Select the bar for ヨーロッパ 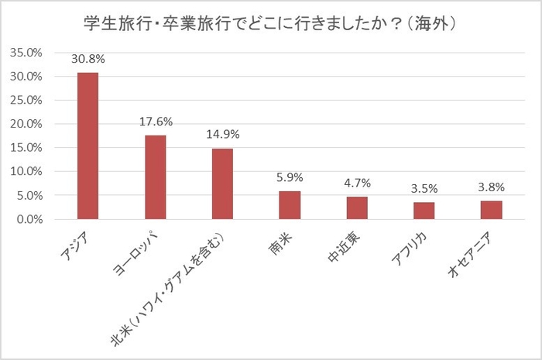coord(156,177)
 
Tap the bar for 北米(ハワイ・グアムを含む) coord(223,184)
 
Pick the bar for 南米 coord(290,205)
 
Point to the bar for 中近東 coord(357,208)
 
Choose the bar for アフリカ coord(424,211)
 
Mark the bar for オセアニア coord(492,210)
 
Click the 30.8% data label coord(88,58)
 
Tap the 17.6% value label coord(156,122)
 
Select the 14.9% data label coord(223,134)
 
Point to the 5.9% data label coord(290,177)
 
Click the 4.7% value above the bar coord(357,183)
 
